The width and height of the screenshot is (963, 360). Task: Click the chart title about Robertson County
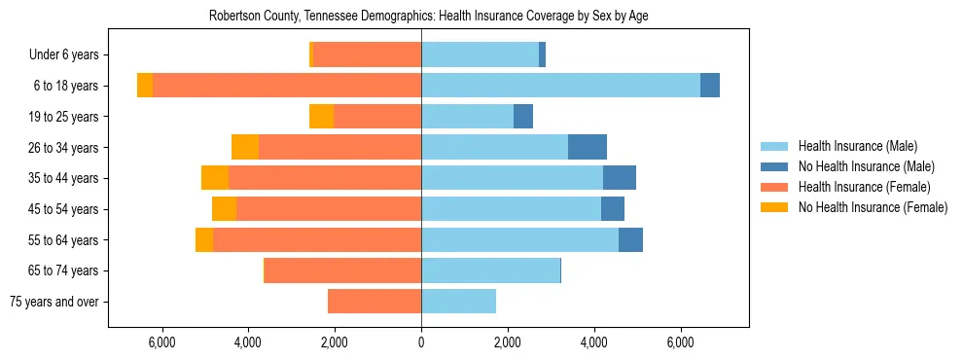pos(428,17)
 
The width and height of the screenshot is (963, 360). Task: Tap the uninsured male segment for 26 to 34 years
pos(588,147)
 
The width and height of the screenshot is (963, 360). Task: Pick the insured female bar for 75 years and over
pos(374,302)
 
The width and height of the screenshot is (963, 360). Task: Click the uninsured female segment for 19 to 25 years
pos(321,117)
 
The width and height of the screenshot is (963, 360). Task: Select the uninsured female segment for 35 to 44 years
pos(215,178)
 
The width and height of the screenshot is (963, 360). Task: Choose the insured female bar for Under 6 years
pos(368,54)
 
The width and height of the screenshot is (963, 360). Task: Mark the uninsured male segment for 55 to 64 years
pos(630,239)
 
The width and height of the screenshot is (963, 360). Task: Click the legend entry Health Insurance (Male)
pos(857,146)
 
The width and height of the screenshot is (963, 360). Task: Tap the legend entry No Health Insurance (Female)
pos(873,207)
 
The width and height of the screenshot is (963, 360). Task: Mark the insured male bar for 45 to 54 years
pos(511,209)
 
